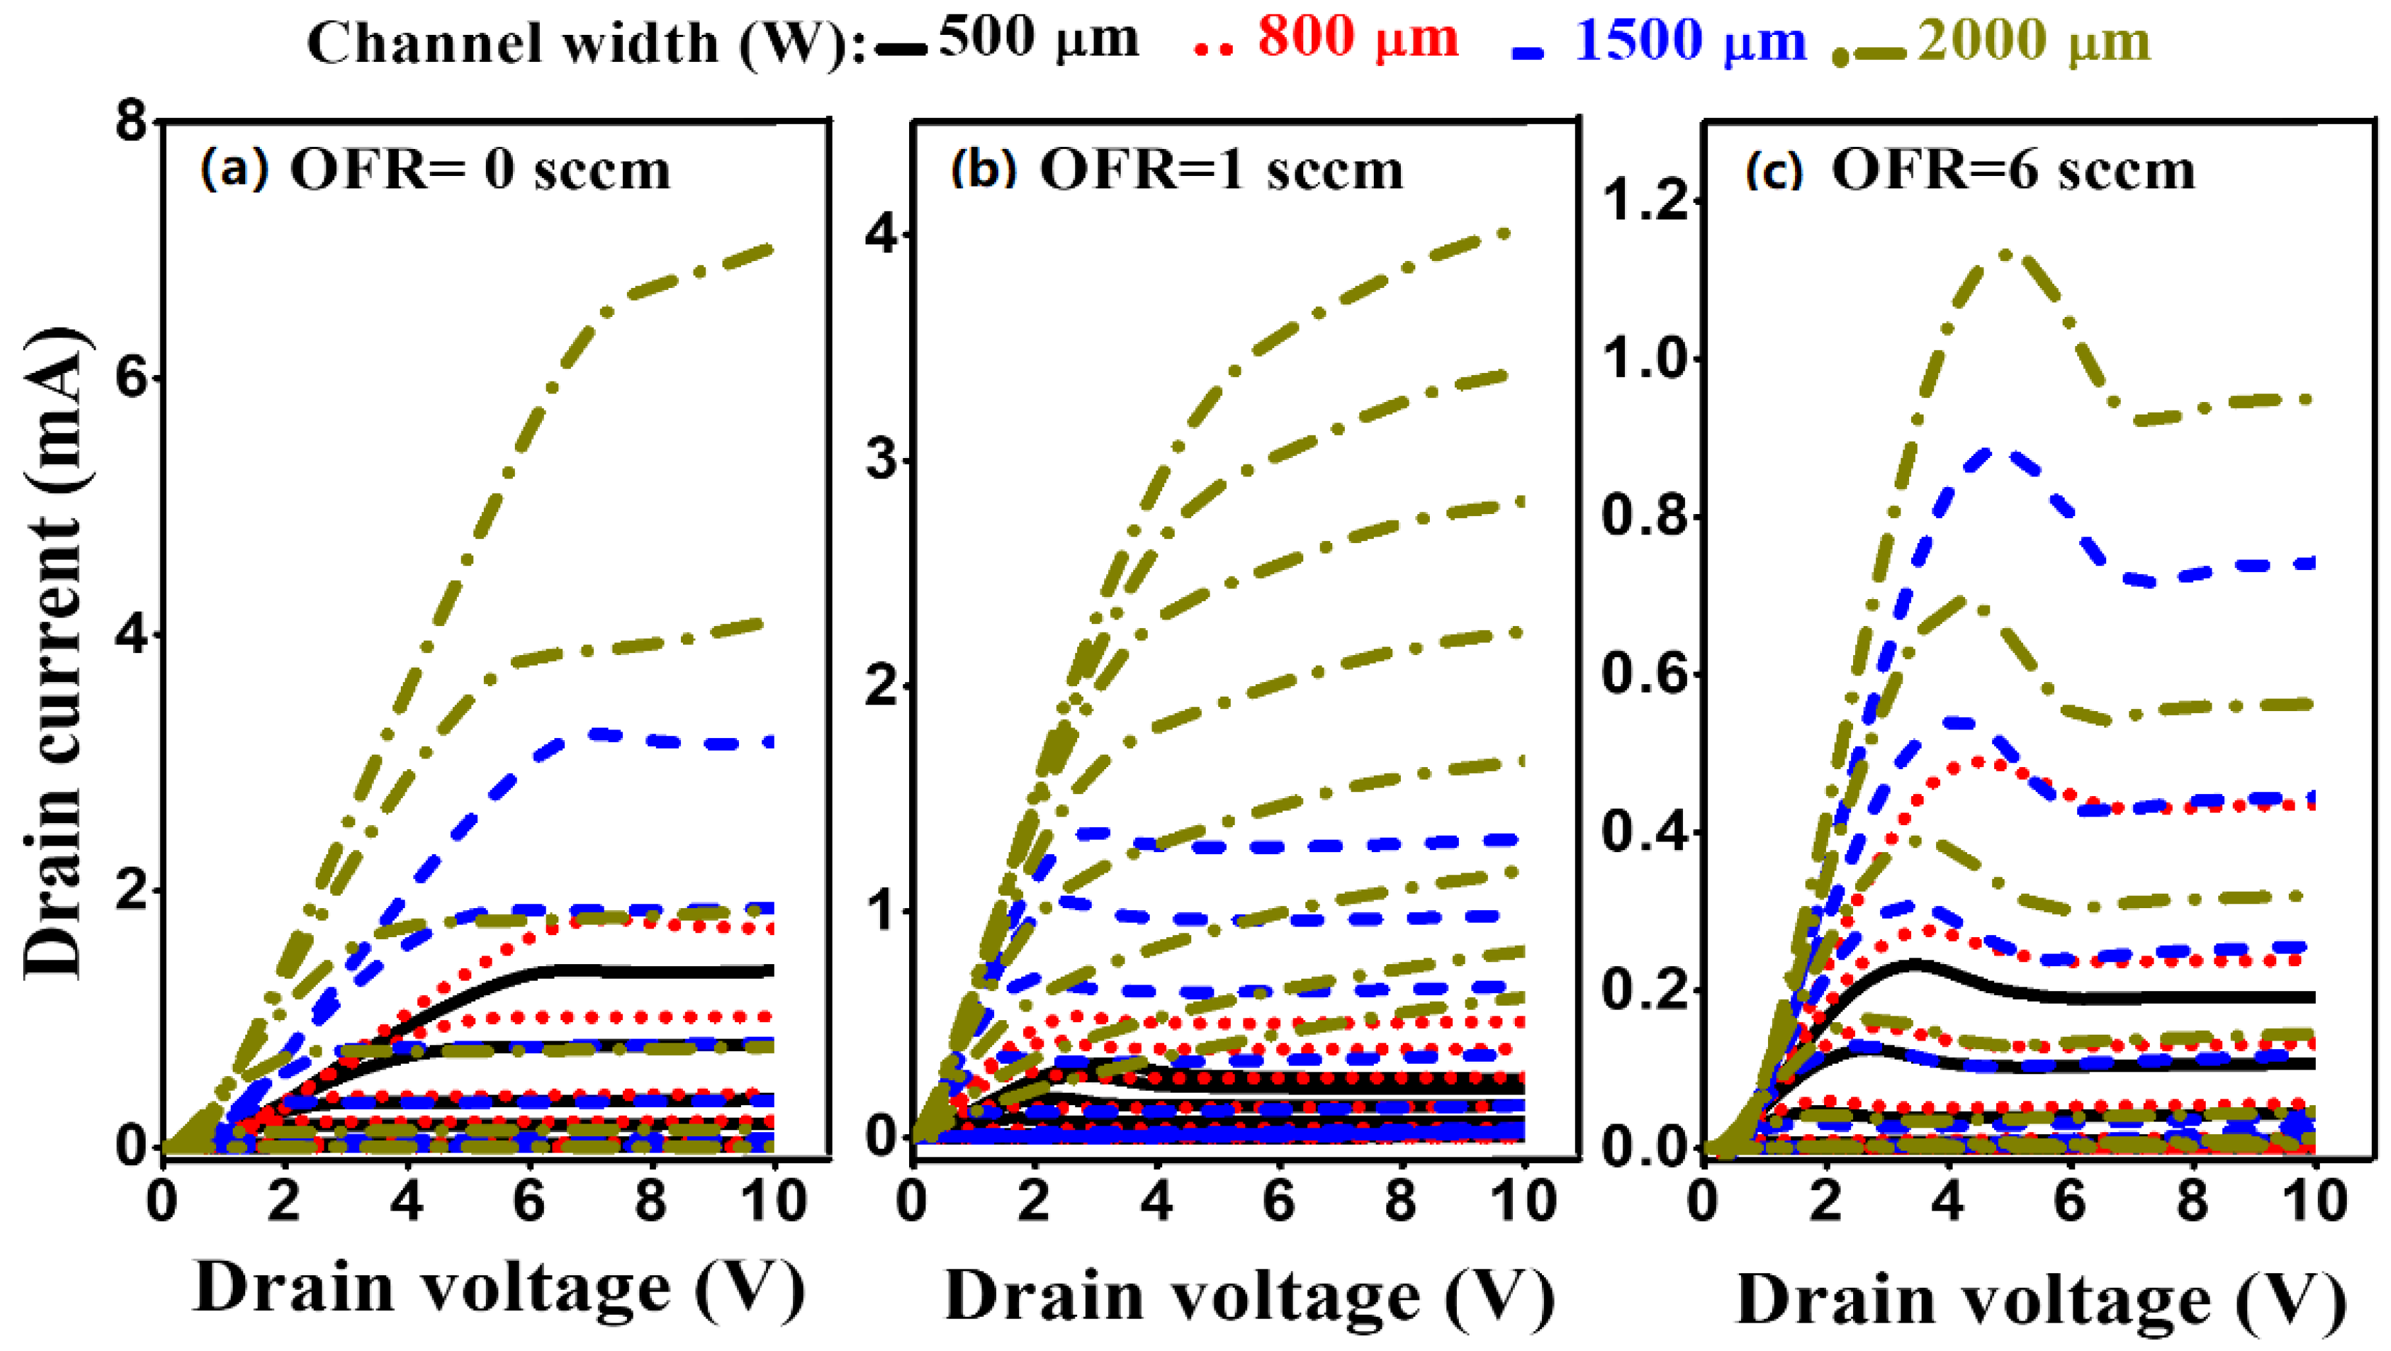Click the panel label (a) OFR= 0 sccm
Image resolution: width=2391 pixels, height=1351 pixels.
(434, 170)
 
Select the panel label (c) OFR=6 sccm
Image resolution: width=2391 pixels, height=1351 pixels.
(1970, 170)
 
